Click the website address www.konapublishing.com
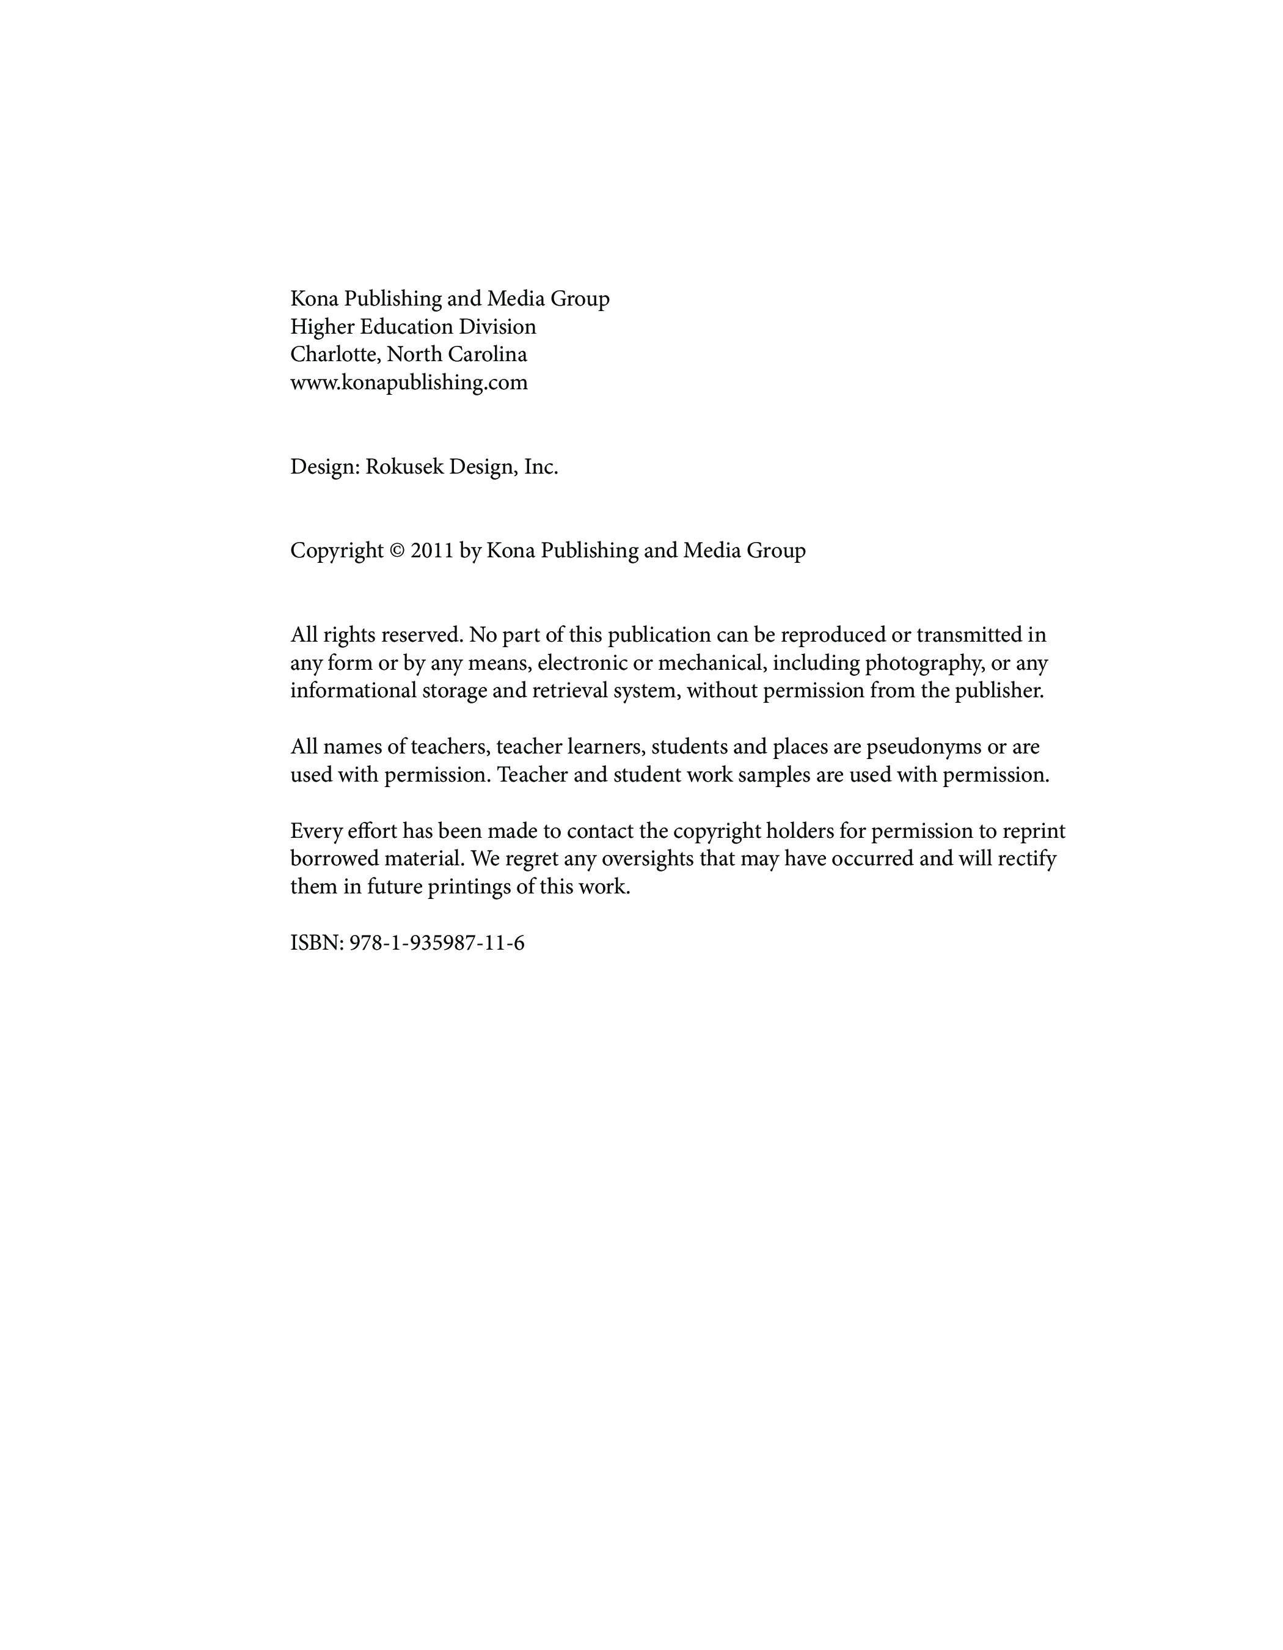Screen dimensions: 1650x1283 tap(409, 383)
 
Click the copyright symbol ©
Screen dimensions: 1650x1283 tap(397, 551)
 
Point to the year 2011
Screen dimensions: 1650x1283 tap(432, 551)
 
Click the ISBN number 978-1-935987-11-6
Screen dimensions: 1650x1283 tap(436, 944)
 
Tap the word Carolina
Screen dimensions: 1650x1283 tap(492, 355)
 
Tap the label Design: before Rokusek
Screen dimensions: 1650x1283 tap(324, 468)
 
